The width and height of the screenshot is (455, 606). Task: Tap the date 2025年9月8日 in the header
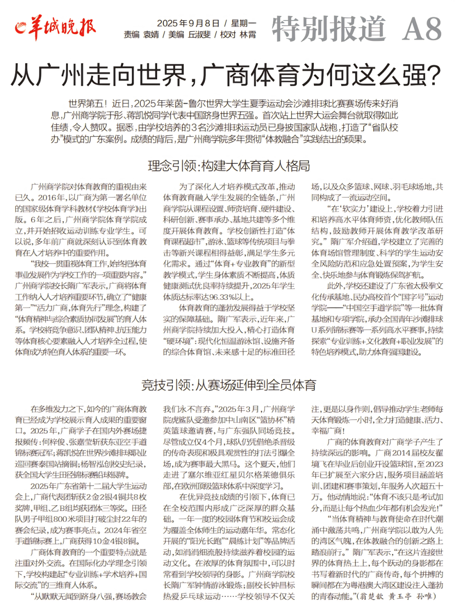(188, 23)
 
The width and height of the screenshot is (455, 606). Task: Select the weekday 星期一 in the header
(244, 23)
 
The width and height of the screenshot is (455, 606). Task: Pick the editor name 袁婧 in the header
(151, 35)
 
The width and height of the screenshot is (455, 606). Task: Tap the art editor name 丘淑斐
(199, 35)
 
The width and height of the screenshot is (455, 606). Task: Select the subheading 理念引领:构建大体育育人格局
(229, 166)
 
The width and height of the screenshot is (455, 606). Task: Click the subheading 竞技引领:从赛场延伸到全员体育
(229, 385)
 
